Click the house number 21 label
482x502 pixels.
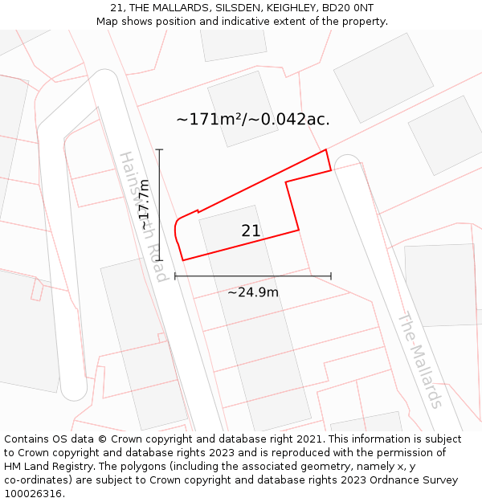click(251, 231)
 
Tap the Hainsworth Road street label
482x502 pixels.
click(143, 216)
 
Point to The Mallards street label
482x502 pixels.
click(420, 359)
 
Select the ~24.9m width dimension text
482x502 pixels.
click(253, 292)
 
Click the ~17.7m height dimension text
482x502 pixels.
click(145, 206)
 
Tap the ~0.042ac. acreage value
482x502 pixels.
click(291, 120)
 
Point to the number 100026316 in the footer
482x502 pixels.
click(32, 494)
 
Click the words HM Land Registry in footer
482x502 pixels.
click(52, 467)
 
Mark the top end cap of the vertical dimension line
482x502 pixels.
click(160, 149)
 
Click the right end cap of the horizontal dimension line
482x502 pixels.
click(330, 276)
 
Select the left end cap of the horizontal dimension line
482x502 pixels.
click(175, 276)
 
